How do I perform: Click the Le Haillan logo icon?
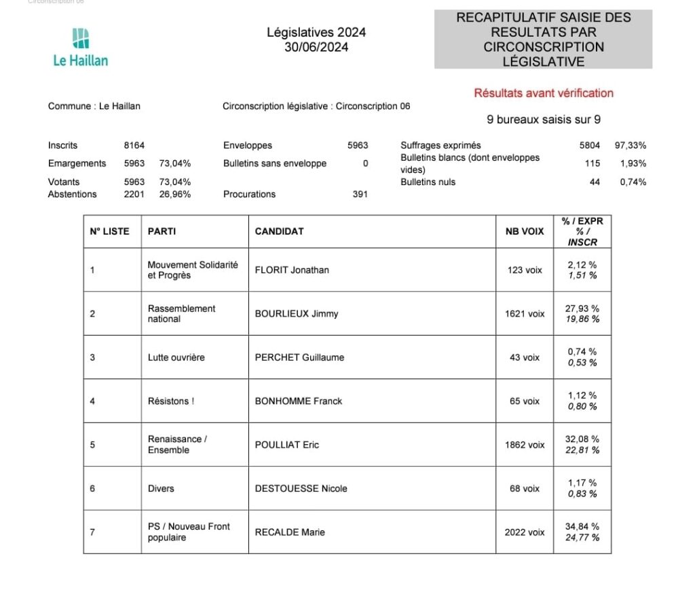click(x=81, y=38)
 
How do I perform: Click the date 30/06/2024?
click(x=316, y=47)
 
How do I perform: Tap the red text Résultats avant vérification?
click(x=544, y=93)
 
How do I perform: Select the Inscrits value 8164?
click(x=134, y=145)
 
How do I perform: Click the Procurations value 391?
click(x=360, y=194)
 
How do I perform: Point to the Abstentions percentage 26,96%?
click(x=175, y=194)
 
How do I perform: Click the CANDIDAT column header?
click(x=279, y=231)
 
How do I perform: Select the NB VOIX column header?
click(x=525, y=231)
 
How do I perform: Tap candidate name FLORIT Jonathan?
click(x=292, y=270)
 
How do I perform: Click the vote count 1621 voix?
click(x=525, y=313)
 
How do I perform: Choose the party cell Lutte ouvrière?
click(x=176, y=357)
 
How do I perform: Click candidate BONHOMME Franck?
click(x=299, y=401)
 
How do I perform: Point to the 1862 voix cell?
click(x=525, y=445)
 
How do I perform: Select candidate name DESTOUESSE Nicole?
click(x=301, y=488)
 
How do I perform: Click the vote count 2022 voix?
click(x=525, y=532)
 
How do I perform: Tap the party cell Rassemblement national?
click(x=182, y=313)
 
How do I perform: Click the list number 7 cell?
click(x=93, y=532)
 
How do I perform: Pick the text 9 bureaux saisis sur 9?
click(x=544, y=120)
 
